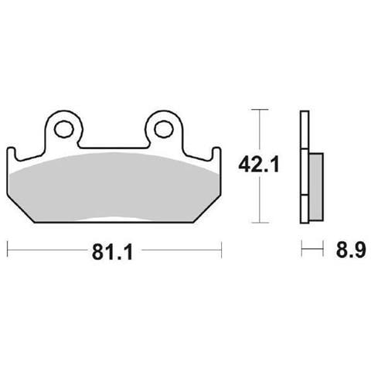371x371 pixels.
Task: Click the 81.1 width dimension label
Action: (112, 253)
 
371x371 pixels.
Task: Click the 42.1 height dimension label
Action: (258, 165)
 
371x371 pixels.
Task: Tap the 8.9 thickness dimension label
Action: (351, 250)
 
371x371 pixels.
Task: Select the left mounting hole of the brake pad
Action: (63, 128)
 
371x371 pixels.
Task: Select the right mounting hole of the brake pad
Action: (164, 128)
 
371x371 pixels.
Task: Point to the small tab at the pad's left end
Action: (11, 154)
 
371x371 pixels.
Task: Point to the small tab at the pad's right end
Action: (216, 154)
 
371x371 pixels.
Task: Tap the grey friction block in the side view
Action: (316, 187)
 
